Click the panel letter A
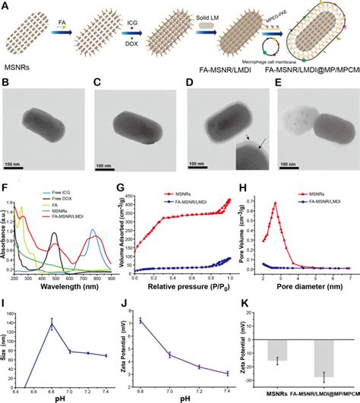pyautogui.click(x=6, y=5)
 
